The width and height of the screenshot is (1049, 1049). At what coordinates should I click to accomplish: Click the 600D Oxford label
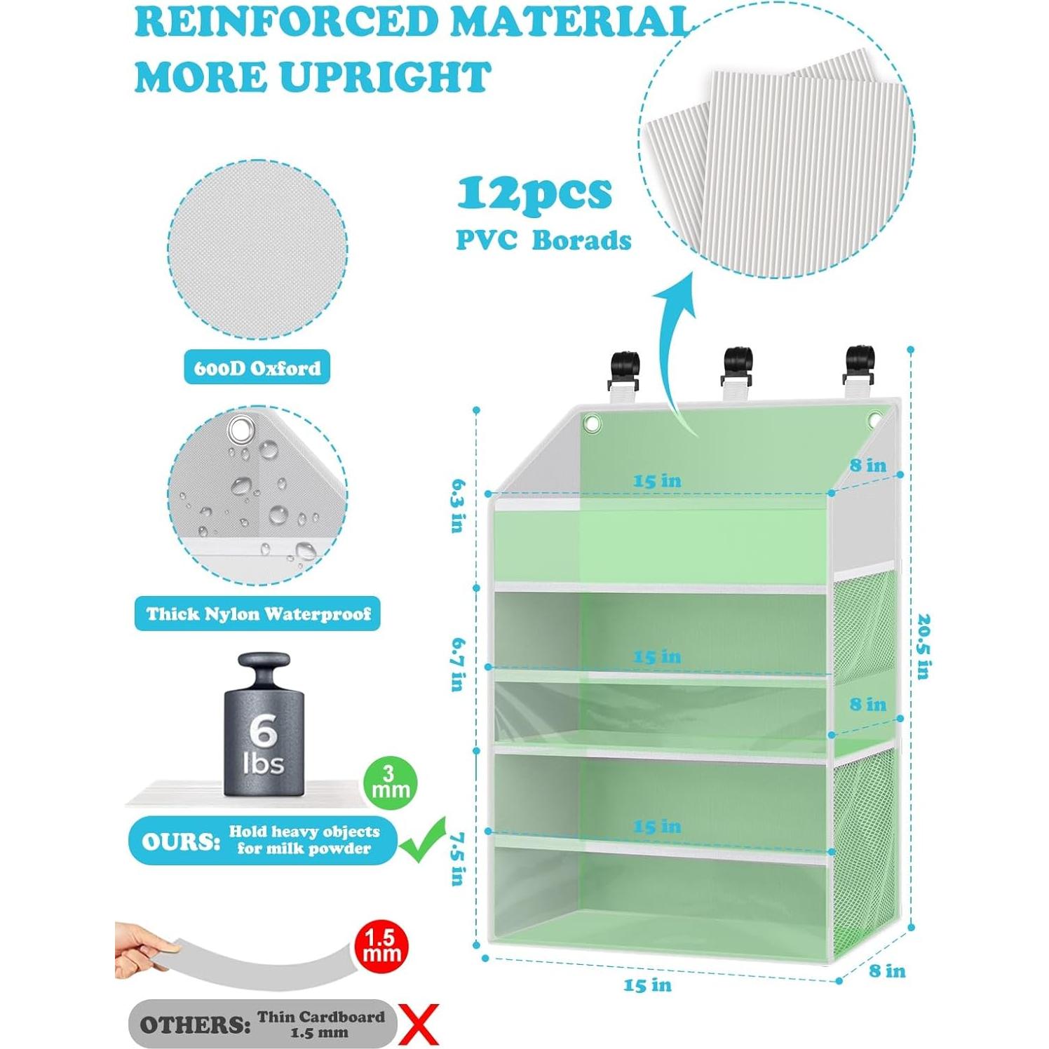(x=257, y=367)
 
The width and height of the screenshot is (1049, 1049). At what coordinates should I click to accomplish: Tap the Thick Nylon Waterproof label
(x=257, y=614)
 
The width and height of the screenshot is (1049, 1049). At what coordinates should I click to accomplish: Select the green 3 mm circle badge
(x=391, y=783)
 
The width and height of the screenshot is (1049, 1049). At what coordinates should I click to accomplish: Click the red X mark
(x=419, y=1024)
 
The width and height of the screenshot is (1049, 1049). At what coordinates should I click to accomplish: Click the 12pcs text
(x=534, y=194)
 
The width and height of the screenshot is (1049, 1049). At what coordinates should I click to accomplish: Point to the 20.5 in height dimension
(x=923, y=647)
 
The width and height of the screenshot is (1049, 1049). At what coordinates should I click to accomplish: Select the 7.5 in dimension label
(x=458, y=859)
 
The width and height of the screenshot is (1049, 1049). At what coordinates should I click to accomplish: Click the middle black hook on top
(x=738, y=365)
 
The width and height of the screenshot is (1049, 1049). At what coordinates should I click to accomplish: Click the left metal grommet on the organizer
(x=592, y=423)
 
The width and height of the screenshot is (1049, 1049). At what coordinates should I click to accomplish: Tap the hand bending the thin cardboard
(x=140, y=950)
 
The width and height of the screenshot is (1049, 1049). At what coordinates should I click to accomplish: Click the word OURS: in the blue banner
(x=181, y=841)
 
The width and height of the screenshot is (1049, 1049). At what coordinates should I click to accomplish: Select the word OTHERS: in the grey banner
(x=195, y=1024)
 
